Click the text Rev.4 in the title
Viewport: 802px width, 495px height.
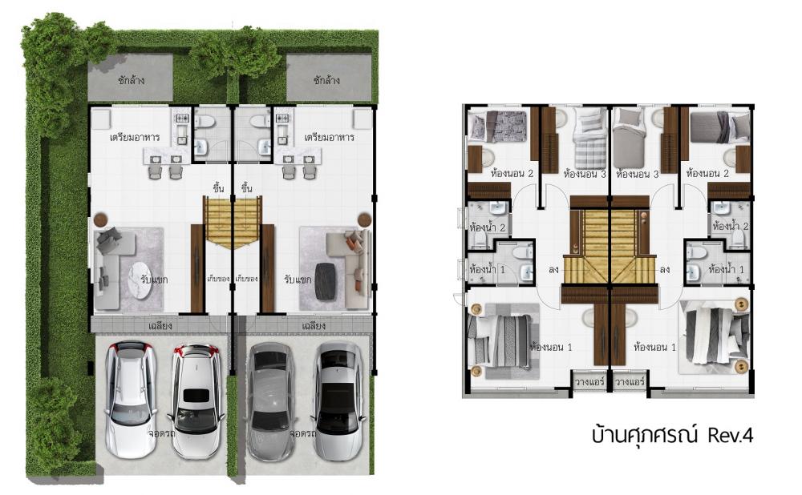(731, 436)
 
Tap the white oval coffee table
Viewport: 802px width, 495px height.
(140, 280)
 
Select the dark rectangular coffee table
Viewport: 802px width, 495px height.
(325, 281)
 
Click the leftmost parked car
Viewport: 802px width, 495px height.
(131, 399)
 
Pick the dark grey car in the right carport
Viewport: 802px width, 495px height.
(270, 402)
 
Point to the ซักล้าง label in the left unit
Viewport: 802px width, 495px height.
(131, 80)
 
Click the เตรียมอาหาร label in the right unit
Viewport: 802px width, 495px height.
(330, 138)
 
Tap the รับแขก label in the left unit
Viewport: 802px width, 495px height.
(154, 280)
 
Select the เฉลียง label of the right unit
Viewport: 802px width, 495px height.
(314, 325)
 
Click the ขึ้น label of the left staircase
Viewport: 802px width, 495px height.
(219, 188)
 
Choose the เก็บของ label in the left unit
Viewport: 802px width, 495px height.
(218, 279)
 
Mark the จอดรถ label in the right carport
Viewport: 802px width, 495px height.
(302, 433)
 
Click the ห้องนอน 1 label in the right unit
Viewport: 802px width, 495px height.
(654, 348)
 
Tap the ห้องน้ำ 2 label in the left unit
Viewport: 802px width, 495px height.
(487, 227)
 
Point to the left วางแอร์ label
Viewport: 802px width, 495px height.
(589, 381)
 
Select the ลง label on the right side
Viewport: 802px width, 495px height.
(664, 269)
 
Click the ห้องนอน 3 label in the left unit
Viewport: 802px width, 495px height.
(584, 174)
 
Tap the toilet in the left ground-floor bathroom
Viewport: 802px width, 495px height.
(205, 122)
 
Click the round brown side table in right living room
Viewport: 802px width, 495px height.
(364, 219)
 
